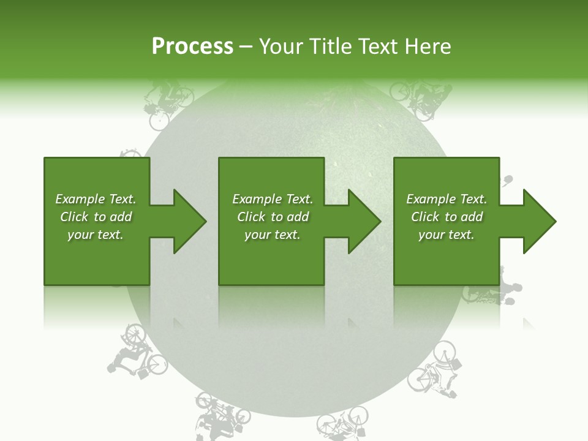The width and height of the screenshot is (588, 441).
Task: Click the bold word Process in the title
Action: (192, 46)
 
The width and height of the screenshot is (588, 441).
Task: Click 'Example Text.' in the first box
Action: (96, 199)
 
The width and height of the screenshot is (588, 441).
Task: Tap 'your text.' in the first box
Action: (96, 235)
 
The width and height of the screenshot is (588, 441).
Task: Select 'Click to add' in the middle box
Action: (273, 217)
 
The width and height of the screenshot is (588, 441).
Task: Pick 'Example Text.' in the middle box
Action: (273, 199)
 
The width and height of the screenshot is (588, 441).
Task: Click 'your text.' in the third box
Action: (447, 235)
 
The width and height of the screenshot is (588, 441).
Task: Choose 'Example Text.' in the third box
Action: (447, 199)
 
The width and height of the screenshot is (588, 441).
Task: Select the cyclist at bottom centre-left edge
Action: (217, 417)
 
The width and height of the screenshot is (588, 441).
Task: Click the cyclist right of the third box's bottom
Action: (493, 288)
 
